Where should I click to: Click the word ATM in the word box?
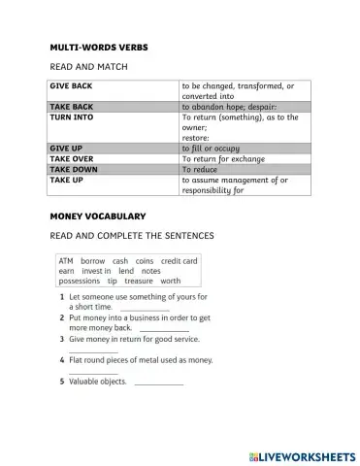[66, 261]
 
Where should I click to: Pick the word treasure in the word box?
[140, 281]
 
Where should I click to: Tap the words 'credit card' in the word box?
[179, 261]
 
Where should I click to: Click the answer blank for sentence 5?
[158, 384]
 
